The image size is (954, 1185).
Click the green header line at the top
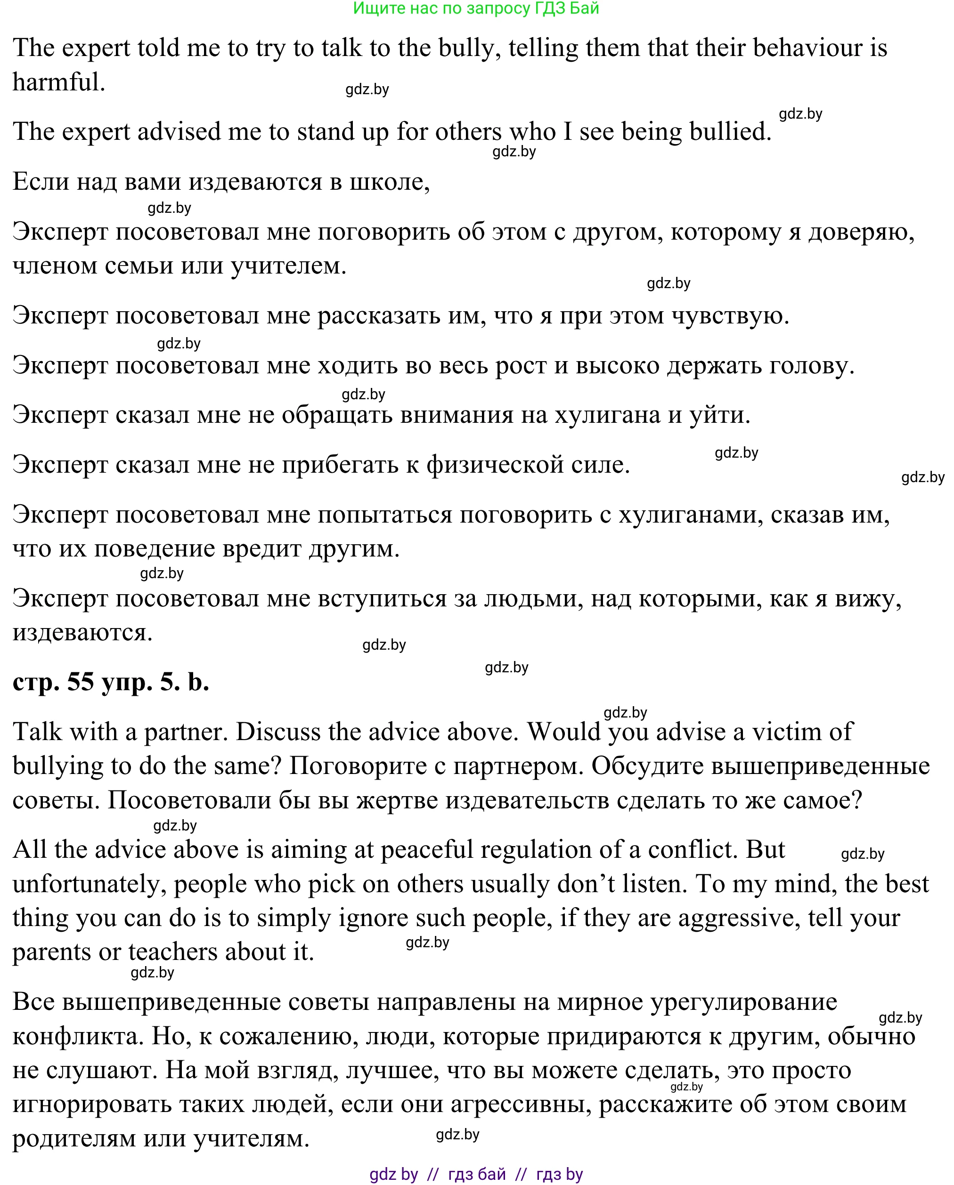(x=476, y=8)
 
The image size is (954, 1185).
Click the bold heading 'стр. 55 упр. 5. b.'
(x=111, y=683)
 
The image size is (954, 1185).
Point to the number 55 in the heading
(x=80, y=683)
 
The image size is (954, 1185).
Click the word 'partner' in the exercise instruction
(x=185, y=733)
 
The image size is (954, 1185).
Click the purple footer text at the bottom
(x=476, y=1175)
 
